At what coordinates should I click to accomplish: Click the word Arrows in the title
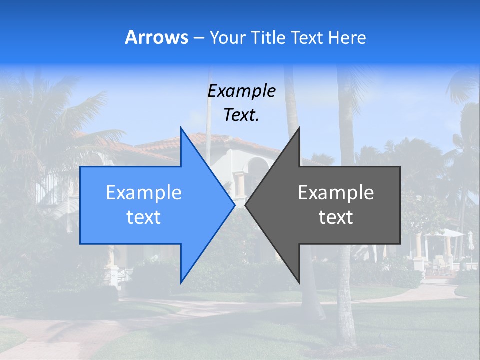(x=156, y=37)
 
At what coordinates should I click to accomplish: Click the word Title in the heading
(x=268, y=37)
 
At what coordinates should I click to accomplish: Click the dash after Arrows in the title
(x=198, y=38)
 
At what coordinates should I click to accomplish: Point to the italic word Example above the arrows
(x=241, y=91)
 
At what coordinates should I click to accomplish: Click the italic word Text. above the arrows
(x=241, y=115)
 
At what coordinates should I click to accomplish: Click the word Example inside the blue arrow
(x=144, y=193)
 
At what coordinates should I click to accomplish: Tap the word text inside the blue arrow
(x=144, y=217)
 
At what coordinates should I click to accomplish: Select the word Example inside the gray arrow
(x=336, y=193)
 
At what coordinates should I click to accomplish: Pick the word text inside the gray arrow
(x=336, y=217)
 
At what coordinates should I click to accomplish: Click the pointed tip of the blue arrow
(x=234, y=205)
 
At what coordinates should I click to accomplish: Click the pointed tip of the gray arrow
(x=246, y=205)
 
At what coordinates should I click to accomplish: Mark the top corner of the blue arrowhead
(x=181, y=128)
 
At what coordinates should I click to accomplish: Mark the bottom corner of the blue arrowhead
(x=181, y=282)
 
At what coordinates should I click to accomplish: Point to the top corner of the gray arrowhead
(x=299, y=128)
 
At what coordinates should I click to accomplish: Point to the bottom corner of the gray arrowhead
(x=299, y=282)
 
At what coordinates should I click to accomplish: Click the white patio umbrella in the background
(x=447, y=233)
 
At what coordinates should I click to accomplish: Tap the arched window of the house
(x=258, y=170)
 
